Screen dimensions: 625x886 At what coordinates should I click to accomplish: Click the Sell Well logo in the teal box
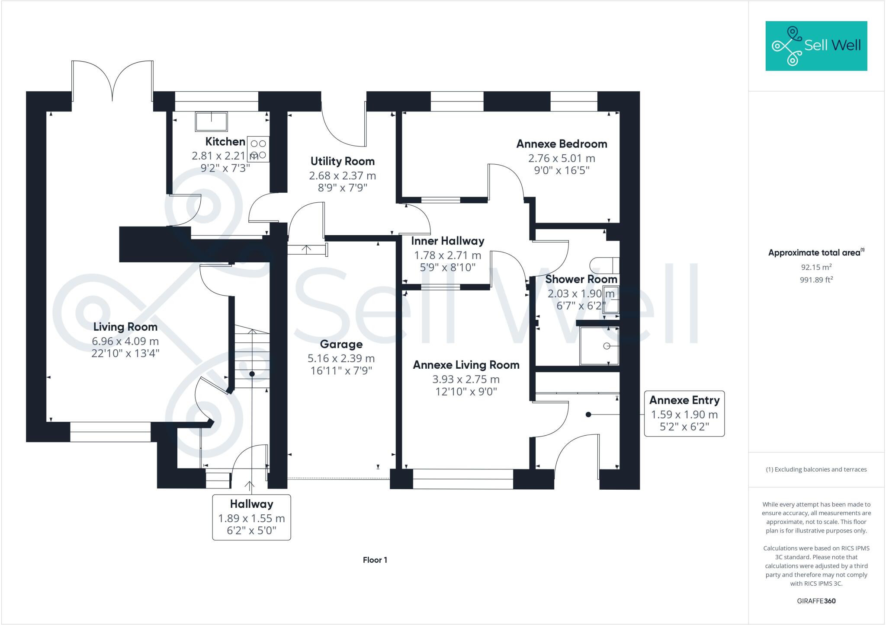[x=816, y=46]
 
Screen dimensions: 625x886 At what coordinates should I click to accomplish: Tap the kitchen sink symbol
[x=211, y=121]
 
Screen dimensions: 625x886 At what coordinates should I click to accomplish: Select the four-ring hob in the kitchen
[x=258, y=149]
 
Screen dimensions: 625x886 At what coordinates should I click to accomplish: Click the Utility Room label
[x=342, y=161]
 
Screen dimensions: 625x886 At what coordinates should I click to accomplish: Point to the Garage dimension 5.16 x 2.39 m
[x=341, y=358]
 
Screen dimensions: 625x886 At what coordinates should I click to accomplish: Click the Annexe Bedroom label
[x=562, y=144]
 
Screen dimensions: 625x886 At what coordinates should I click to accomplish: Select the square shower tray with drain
[x=599, y=346]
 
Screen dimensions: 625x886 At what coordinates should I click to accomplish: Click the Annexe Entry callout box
[x=684, y=414]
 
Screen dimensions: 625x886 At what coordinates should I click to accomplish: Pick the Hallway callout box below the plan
[x=251, y=517]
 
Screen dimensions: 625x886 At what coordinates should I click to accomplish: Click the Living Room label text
[x=125, y=327]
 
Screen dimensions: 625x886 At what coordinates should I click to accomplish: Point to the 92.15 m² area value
[x=816, y=267]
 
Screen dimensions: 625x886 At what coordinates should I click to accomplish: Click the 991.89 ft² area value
[x=816, y=280]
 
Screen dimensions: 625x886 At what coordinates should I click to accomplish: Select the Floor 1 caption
[x=375, y=560]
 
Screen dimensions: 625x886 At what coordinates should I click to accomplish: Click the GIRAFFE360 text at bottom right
[x=816, y=601]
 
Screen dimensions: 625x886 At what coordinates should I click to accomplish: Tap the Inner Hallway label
[x=447, y=241]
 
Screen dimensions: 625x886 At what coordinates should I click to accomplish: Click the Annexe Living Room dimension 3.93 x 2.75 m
[x=466, y=379]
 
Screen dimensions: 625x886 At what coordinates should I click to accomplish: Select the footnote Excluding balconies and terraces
[x=816, y=469]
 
